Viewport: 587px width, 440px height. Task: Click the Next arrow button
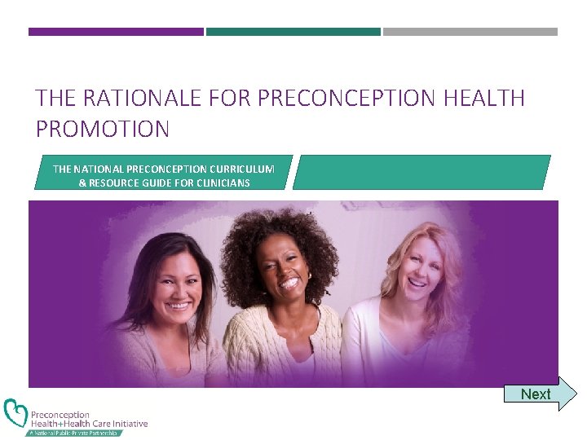[539, 394]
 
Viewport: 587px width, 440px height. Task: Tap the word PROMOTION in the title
[103, 129]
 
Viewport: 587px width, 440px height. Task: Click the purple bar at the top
[116, 32]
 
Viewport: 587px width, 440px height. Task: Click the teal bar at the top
[293, 32]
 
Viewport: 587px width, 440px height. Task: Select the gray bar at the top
[470, 32]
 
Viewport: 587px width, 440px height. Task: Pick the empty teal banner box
[421, 172]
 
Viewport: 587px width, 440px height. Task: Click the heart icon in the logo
[15, 414]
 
